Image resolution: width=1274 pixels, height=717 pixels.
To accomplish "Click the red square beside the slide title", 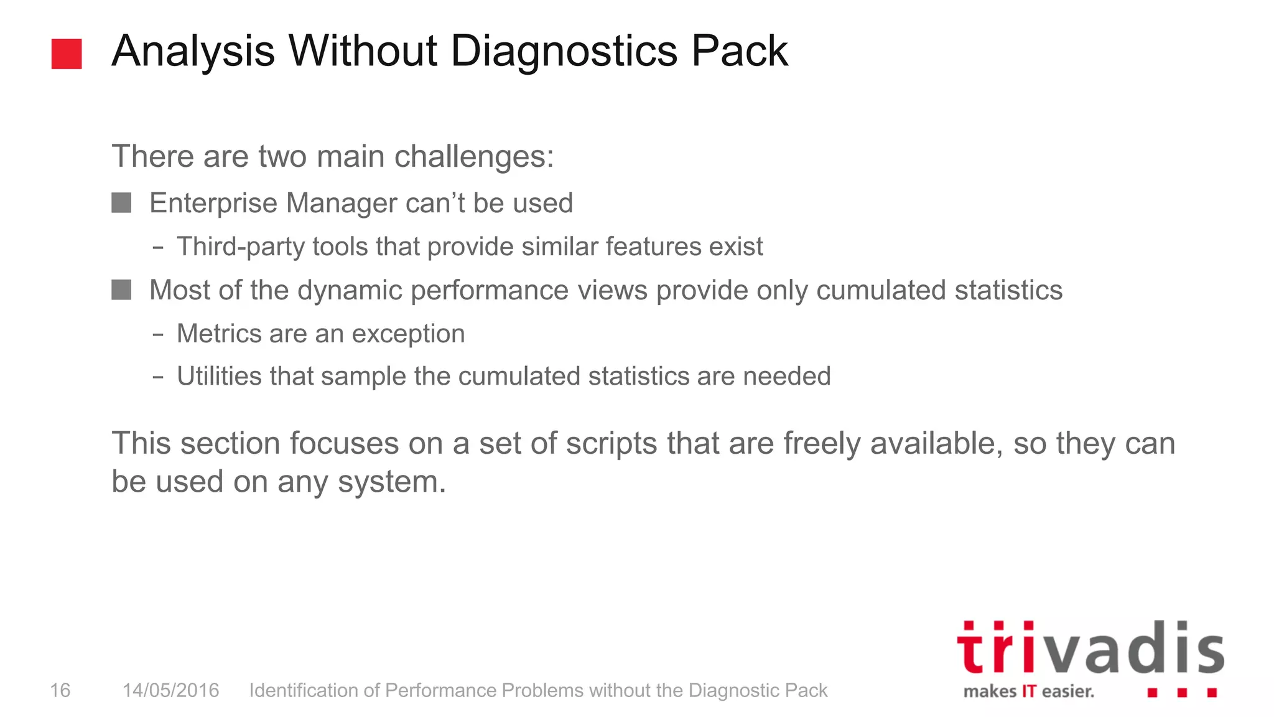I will pos(67,54).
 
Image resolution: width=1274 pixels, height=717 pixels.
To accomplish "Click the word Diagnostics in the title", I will pos(564,51).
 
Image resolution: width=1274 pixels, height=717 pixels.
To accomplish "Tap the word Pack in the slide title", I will pos(740,51).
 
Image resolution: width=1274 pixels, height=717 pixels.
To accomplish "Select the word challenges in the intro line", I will pos(473,156).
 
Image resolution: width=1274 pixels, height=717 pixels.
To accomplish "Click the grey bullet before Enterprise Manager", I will pos(121,203).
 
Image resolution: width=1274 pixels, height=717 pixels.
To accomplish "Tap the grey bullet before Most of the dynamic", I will pos(121,290).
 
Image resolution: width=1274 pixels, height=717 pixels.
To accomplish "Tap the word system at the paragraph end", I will pos(391,482).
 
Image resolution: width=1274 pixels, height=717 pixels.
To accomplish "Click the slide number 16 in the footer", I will pos(60,690).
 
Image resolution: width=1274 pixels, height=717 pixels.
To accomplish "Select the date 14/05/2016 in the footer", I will pos(170,690).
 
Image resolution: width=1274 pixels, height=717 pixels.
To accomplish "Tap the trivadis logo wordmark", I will pos(1090,649).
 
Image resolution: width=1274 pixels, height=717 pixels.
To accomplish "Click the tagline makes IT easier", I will pos(1028,691).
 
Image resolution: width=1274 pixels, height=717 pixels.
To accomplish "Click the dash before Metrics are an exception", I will pos(158,335).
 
